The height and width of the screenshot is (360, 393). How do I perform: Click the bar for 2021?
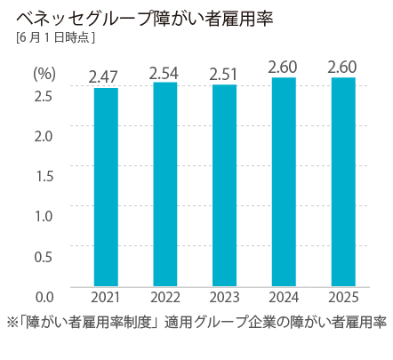pyautogui.click(x=106, y=186)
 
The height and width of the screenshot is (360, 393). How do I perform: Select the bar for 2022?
pyautogui.click(x=164, y=183)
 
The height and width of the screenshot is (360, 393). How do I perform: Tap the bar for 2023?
pyautogui.click(x=224, y=184)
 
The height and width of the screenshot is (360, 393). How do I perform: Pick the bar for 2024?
pyautogui.click(x=283, y=180)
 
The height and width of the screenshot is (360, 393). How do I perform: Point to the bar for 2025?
pyautogui.click(x=342, y=180)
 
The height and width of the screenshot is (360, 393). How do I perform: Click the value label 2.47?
pyautogui.click(x=106, y=76)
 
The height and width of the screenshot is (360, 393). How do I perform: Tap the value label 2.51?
pyautogui.click(x=224, y=73)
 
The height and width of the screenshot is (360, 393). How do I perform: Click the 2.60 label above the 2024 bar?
pyautogui.click(x=283, y=67)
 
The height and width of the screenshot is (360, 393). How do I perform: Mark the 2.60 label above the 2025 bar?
pyautogui.click(x=342, y=67)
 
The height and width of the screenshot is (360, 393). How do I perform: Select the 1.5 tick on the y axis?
pyautogui.click(x=44, y=175)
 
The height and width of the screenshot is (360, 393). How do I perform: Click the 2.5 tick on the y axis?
pyautogui.click(x=44, y=95)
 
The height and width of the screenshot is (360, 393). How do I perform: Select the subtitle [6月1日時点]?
pyautogui.click(x=55, y=38)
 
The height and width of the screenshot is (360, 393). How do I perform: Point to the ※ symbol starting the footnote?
pyautogui.click(x=12, y=321)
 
